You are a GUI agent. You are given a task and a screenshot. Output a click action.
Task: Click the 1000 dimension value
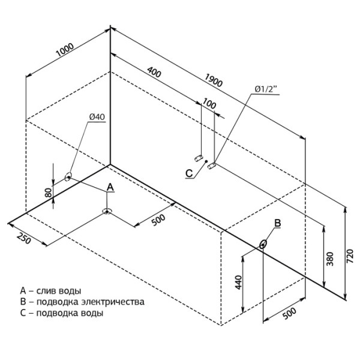click(x=65, y=50)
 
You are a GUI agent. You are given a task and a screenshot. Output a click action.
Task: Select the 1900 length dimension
click(x=214, y=80)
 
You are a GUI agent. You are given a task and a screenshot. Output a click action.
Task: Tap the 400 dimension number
click(x=154, y=72)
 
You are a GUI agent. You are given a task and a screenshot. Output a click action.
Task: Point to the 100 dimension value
click(x=209, y=104)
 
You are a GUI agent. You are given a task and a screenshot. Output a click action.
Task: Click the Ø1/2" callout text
click(x=266, y=89)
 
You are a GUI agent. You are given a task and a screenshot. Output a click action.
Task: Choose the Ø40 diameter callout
click(x=97, y=117)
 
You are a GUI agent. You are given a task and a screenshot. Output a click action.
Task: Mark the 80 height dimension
click(x=49, y=193)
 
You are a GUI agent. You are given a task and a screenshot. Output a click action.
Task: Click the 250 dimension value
click(x=23, y=238)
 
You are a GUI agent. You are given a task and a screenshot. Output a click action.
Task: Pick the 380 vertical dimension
click(x=330, y=259)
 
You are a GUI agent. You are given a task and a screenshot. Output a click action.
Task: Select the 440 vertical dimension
click(x=239, y=283)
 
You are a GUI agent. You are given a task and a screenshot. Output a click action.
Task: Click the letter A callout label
click(x=110, y=187)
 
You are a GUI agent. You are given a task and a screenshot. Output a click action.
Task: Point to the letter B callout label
click(x=278, y=223)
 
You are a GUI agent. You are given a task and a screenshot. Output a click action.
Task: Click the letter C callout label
click(x=189, y=173)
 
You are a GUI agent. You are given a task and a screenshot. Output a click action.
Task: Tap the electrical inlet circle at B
click(x=263, y=244)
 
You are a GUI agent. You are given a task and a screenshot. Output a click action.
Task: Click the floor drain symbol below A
click(x=107, y=211)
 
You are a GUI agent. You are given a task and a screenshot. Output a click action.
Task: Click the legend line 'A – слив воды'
click(x=50, y=290)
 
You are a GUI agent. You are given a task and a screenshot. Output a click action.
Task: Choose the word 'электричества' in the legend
click(x=113, y=301)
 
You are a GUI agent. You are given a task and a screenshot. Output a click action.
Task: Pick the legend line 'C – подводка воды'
click(x=62, y=313)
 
